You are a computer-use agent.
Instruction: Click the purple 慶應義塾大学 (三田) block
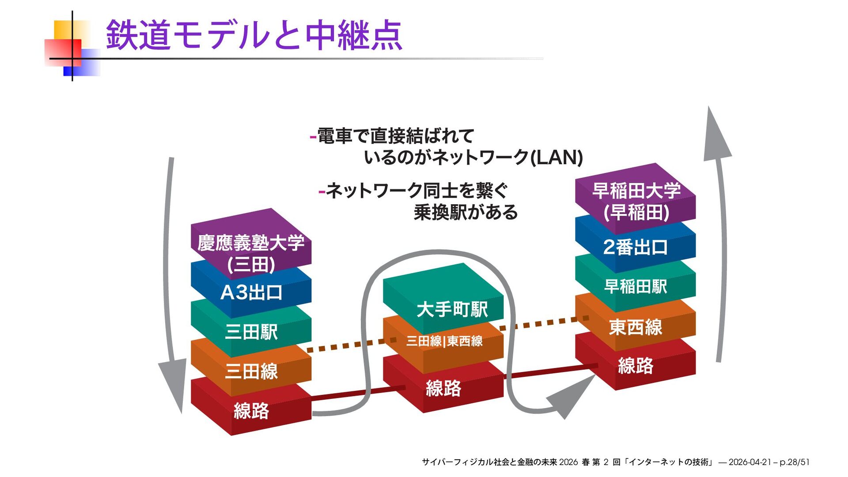tap(251, 247)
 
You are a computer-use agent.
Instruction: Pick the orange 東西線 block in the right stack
tap(635, 327)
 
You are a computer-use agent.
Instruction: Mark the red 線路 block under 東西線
tap(635, 366)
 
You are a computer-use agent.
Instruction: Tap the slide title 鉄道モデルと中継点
tap(254, 35)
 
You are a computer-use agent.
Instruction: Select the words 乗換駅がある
tap(466, 212)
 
